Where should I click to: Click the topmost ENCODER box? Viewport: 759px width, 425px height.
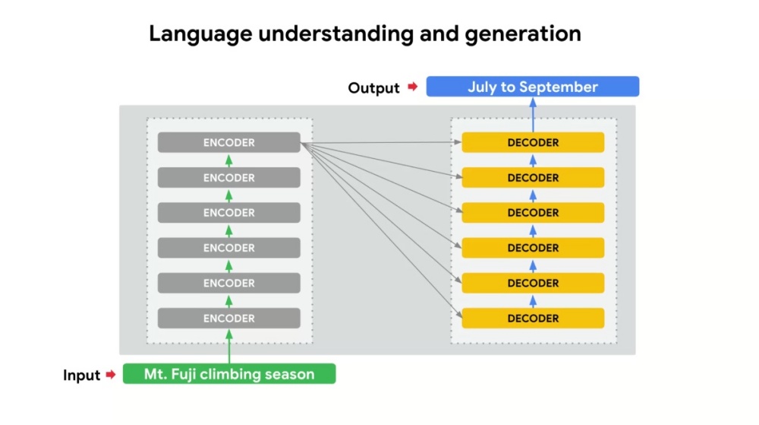click(x=229, y=142)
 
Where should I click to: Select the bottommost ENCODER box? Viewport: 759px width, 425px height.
click(x=229, y=319)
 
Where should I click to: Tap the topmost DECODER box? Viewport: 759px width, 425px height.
click(x=533, y=142)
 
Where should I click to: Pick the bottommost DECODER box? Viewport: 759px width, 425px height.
click(x=533, y=319)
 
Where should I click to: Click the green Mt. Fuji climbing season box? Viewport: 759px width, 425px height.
click(x=229, y=373)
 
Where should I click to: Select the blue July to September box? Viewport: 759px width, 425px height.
click(x=533, y=86)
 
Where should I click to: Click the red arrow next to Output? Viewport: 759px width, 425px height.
click(x=412, y=87)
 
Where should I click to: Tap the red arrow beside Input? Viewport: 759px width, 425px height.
click(x=111, y=375)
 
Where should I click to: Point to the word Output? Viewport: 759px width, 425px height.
click(x=373, y=87)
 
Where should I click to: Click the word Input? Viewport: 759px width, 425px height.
click(x=81, y=375)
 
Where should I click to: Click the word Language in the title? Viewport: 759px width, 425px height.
click(x=200, y=34)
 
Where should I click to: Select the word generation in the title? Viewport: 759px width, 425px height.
click(x=523, y=34)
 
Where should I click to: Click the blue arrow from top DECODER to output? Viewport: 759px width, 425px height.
click(x=533, y=115)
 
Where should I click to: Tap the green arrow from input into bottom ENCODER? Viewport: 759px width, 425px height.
click(x=229, y=346)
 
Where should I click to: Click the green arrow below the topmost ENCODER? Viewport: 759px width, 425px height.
click(x=229, y=160)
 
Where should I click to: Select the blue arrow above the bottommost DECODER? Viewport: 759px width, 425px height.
click(x=533, y=301)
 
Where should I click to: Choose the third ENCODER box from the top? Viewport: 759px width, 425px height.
click(x=229, y=213)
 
